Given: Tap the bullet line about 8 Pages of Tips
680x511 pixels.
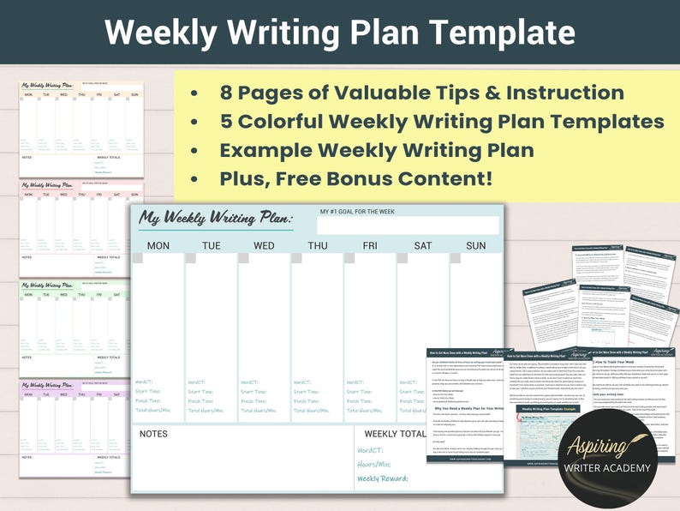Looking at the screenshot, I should pos(421,93).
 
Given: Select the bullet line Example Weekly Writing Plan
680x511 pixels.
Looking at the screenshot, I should pos(377,150).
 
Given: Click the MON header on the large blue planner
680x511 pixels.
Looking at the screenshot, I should pos(158,246).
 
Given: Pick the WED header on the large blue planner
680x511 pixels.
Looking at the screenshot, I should pos(264,246).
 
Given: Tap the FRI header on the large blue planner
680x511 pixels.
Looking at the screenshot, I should pos(370,246).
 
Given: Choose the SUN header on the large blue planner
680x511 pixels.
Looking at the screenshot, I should pos(475,246).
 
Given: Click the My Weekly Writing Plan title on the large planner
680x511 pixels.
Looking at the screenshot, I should pos(216,219).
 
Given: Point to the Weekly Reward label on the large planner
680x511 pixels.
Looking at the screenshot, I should pos(382,478).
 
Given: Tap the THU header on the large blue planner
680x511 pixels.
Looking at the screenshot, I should pos(317,246).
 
